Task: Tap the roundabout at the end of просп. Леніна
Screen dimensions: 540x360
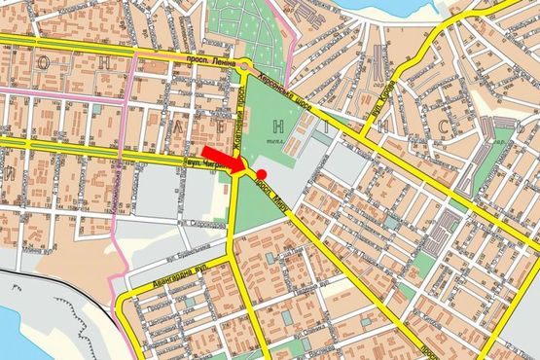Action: click(245, 66)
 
